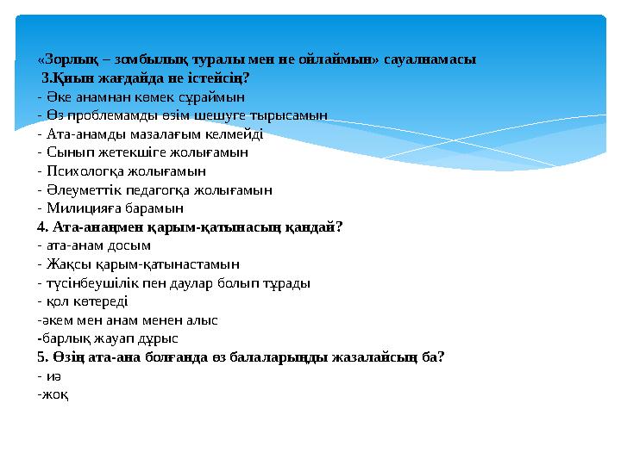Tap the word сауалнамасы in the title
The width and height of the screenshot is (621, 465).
tap(430, 59)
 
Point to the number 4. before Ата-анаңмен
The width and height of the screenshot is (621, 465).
tap(43, 227)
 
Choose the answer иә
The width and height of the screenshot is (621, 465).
tap(53, 376)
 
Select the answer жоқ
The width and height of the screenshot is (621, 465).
tap(55, 395)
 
